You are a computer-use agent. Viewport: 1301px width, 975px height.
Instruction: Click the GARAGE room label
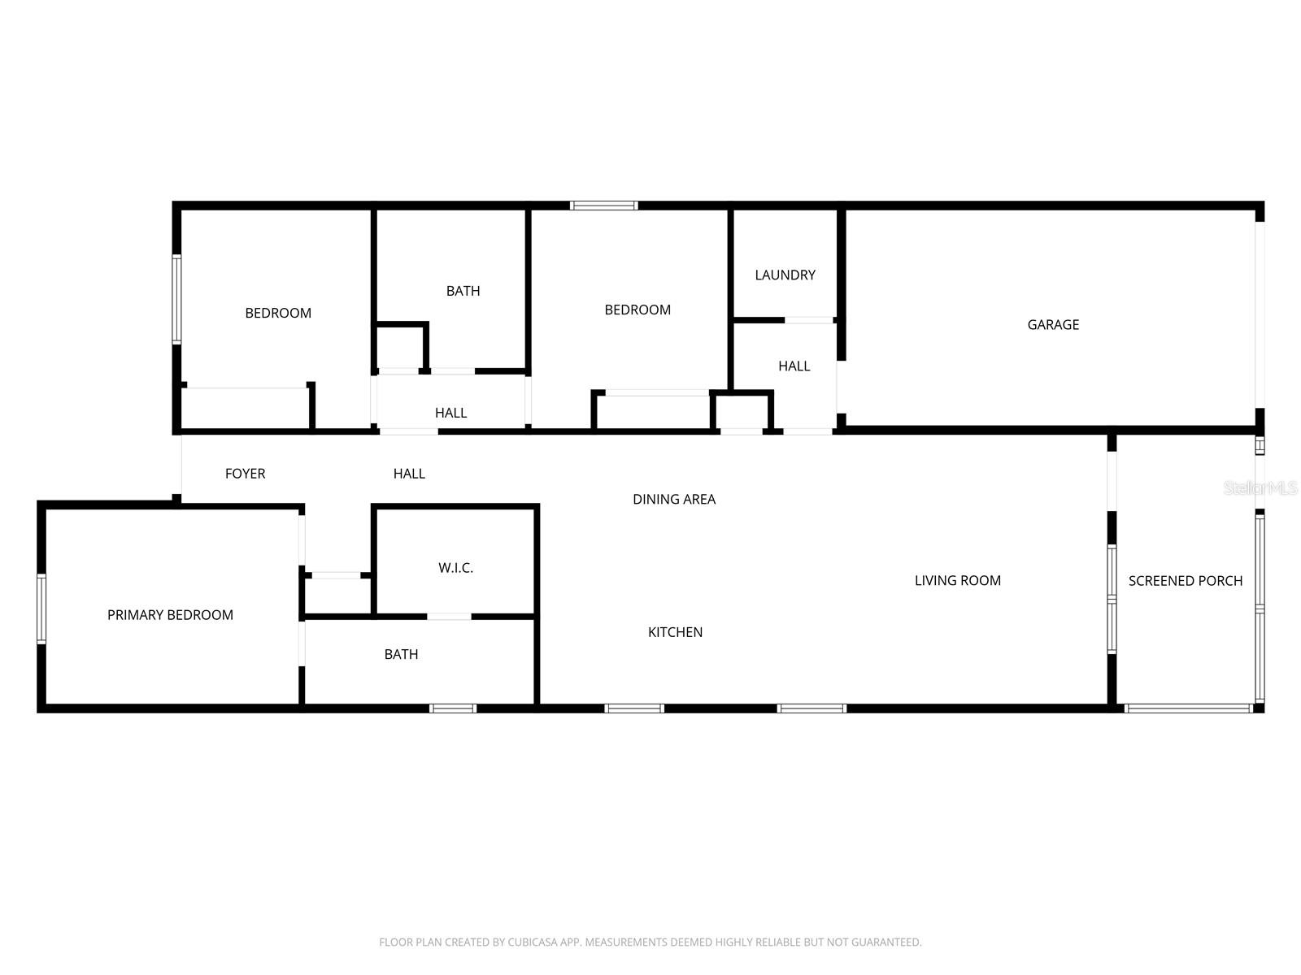(x=1053, y=325)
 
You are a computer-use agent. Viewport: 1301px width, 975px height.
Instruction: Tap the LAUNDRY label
(x=785, y=275)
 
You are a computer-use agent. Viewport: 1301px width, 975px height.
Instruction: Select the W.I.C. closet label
(x=455, y=568)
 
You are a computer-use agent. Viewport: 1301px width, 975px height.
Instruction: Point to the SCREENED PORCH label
(x=1185, y=581)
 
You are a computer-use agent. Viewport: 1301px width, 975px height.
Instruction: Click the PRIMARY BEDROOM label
(x=170, y=615)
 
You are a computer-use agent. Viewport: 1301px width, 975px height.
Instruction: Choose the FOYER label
(x=245, y=474)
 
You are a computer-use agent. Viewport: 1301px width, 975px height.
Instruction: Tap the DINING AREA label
(x=674, y=500)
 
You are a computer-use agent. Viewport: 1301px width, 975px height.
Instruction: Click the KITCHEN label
(x=675, y=632)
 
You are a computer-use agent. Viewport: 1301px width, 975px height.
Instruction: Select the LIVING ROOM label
(x=957, y=581)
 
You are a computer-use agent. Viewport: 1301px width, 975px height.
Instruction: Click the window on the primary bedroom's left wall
(x=41, y=609)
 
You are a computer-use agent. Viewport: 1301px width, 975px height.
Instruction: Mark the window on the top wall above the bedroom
(x=603, y=206)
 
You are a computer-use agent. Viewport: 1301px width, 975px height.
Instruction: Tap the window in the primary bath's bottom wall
(x=453, y=708)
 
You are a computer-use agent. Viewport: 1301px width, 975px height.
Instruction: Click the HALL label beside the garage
(x=794, y=366)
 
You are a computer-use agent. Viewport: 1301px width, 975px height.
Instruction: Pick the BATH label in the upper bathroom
(x=463, y=291)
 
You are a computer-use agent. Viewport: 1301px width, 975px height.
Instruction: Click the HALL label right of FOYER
(x=409, y=474)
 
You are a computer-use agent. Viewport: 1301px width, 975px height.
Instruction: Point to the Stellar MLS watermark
(x=1260, y=488)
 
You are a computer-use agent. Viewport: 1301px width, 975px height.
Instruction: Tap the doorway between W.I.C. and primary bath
(x=449, y=617)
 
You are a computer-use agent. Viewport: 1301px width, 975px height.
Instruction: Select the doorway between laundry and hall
(x=808, y=320)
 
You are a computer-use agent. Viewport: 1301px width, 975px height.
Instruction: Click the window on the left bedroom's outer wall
(x=176, y=299)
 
